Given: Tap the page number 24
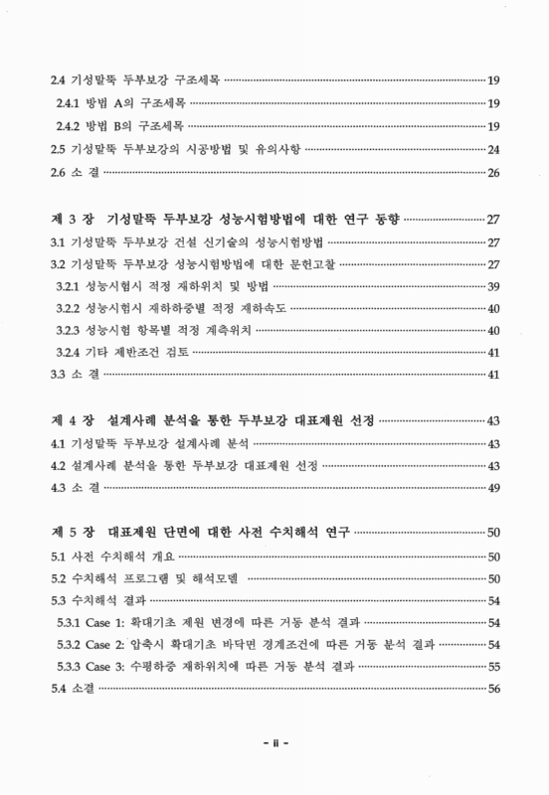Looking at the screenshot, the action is click(491, 150).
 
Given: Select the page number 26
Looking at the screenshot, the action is click(491, 174).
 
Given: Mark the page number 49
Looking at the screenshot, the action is click(491, 488).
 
